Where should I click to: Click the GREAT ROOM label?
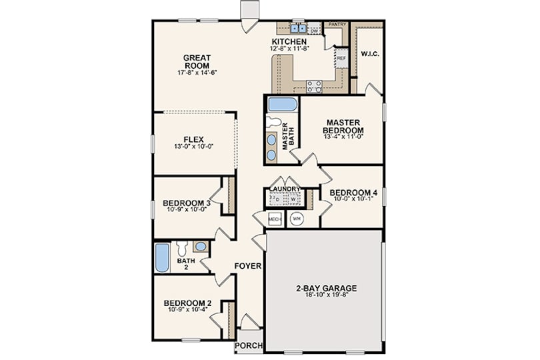[x=197, y=61]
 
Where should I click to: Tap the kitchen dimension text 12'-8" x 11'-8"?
[x=289, y=49]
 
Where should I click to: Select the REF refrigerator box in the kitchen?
[x=341, y=58]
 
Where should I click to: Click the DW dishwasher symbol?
[x=313, y=31]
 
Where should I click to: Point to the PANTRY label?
[x=337, y=25]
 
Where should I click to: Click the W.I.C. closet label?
[x=370, y=54]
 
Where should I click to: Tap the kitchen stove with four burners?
[x=314, y=86]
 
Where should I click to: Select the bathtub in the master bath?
[x=283, y=105]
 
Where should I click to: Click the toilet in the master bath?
[x=273, y=121]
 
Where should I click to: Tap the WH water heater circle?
[x=297, y=219]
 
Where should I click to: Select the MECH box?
[x=275, y=219]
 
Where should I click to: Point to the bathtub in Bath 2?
[x=162, y=258]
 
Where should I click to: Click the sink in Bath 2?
[x=201, y=246]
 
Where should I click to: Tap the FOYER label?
[x=248, y=266]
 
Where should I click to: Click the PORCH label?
[x=249, y=345]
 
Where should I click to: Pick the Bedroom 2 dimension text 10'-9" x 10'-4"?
[x=188, y=309]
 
